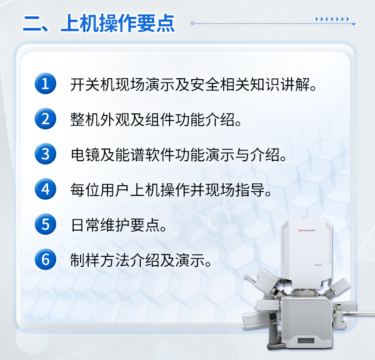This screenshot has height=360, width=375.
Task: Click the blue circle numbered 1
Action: [45, 83]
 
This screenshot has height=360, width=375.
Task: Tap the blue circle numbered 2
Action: [45, 119]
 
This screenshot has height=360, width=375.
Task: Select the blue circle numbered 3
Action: [45, 154]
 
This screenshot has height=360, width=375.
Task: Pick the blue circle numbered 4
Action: [45, 189]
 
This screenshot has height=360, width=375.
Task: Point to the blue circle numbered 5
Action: [45, 224]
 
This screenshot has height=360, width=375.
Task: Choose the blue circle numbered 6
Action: [45, 259]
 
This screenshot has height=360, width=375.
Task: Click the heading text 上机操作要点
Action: [118, 23]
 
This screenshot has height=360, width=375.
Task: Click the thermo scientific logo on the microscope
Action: [307, 230]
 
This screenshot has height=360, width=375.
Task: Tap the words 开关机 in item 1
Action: [92, 84]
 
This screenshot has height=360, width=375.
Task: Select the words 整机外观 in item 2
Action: [100, 120]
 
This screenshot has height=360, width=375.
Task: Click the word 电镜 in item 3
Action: [85, 155]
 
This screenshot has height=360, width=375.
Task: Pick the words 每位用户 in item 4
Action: [100, 190]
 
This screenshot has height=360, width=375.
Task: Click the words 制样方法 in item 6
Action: [100, 260]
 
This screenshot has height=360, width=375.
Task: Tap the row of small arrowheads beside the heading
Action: [332, 19]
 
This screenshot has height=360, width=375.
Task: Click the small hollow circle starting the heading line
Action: [192, 23]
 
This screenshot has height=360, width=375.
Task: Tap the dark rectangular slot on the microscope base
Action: [306, 340]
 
